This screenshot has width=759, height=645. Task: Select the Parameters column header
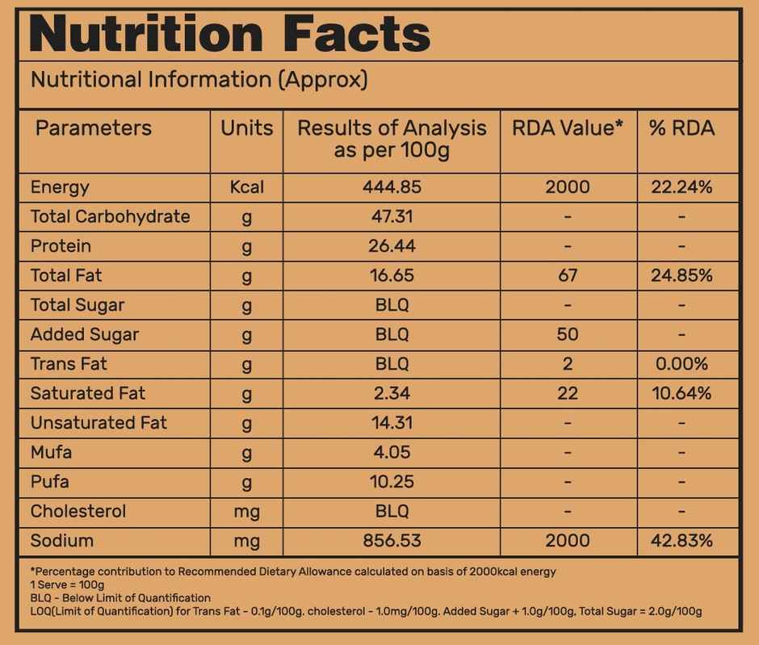(93, 128)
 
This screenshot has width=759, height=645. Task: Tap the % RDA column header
(681, 128)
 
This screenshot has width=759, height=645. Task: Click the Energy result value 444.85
(392, 187)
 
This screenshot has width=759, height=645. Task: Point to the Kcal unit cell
(246, 187)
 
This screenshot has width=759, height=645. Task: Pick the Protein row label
(61, 246)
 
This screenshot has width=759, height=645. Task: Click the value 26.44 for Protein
(392, 246)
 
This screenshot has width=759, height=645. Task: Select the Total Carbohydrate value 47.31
(392, 216)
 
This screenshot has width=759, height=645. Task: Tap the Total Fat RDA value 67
(568, 275)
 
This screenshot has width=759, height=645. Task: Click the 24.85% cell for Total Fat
(681, 275)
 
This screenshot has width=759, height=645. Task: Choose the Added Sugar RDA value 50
(568, 334)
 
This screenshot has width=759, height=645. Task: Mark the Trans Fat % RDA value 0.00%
(681, 364)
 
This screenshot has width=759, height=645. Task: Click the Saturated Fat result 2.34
(392, 393)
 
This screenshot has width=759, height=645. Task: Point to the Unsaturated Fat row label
(99, 423)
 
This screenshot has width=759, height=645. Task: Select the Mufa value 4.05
(392, 452)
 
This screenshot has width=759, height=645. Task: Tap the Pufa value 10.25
(392, 482)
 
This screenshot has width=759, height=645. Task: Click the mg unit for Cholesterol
(246, 511)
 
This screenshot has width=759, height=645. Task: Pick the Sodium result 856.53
(392, 541)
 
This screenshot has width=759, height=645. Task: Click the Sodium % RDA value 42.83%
(681, 541)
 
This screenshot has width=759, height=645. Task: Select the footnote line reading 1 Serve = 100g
(68, 584)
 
